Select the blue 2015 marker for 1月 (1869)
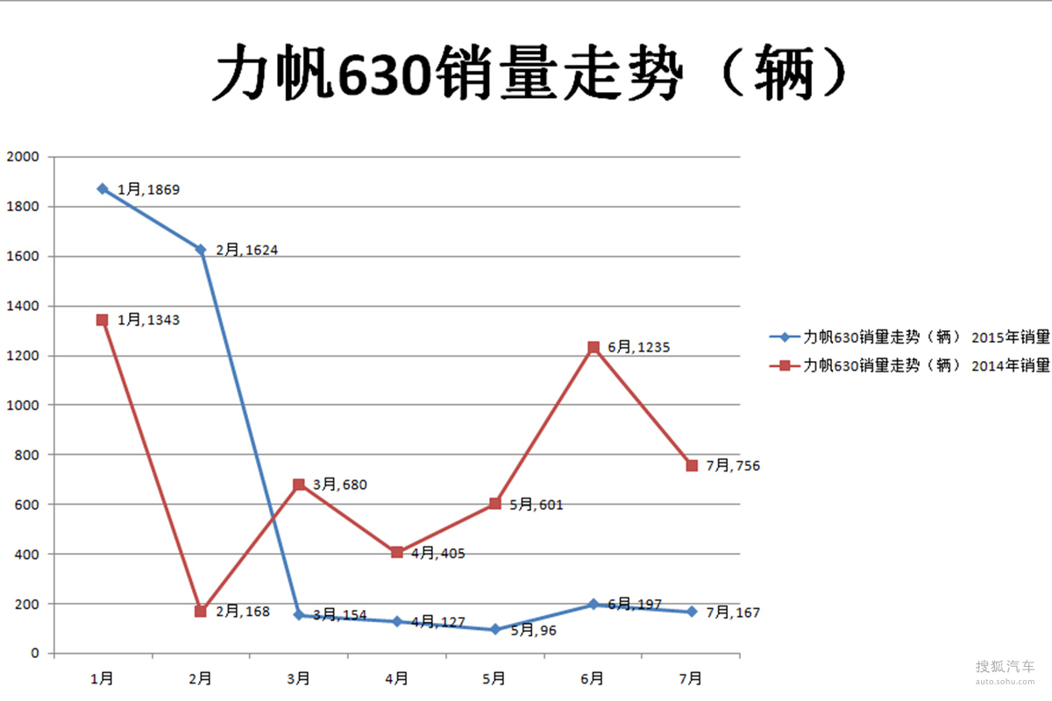tap(103, 188)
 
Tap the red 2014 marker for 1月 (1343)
tap(103, 320)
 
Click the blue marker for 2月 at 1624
tap(201, 250)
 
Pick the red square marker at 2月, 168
tap(201, 611)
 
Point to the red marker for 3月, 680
tap(299, 485)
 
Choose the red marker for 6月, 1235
tap(594, 347)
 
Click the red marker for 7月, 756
tap(692, 465)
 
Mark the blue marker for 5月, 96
tap(495, 629)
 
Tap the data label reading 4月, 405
tap(438, 554)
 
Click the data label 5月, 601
tap(537, 505)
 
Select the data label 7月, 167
tap(733, 612)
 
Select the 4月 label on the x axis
tap(396, 677)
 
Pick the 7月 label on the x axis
tap(691, 677)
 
